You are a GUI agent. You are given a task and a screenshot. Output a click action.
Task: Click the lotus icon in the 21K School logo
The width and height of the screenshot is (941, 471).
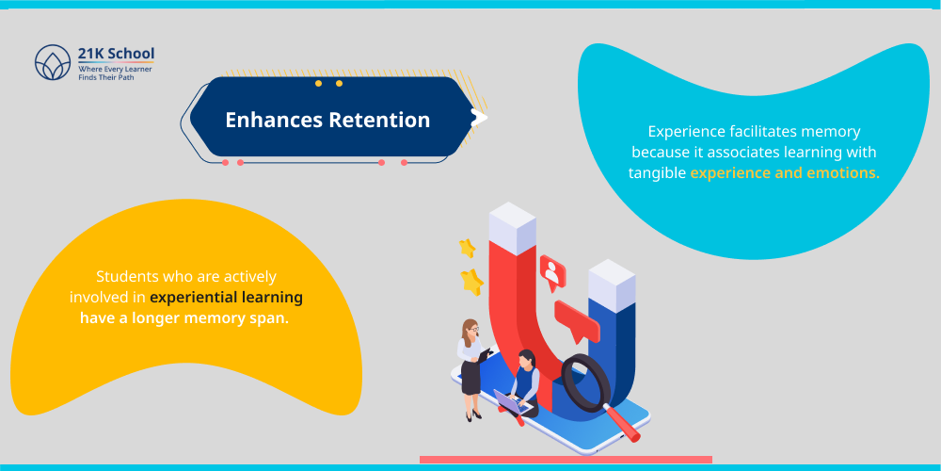(53, 63)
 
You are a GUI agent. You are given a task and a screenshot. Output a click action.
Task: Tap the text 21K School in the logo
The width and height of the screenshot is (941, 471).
(116, 53)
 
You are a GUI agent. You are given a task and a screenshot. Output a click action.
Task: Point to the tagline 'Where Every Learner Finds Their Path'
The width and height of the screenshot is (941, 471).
(115, 72)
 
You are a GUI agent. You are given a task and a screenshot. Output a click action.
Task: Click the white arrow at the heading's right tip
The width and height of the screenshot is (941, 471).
(479, 118)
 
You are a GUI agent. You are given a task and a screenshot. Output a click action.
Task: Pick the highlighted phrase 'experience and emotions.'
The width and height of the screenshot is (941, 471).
(785, 172)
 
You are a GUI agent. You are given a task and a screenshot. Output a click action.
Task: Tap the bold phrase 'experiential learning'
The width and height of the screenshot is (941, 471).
(226, 297)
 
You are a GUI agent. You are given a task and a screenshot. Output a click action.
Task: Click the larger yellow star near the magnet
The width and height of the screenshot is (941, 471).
(471, 281)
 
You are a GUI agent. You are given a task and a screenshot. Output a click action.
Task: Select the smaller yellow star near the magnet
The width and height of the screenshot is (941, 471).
(467, 248)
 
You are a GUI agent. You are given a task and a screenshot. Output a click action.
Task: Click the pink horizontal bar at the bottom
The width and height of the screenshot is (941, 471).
(566, 460)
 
